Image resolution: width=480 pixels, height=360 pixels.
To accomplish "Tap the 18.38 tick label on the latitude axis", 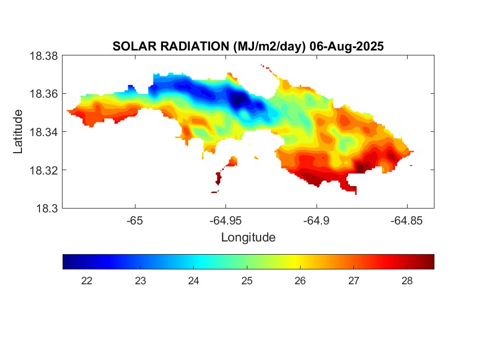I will click(x=42, y=56).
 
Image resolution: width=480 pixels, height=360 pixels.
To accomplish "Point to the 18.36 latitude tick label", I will click(x=42, y=94).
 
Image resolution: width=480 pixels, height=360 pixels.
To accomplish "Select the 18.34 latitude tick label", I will click(x=42, y=132).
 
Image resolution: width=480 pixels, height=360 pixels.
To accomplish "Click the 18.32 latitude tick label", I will click(x=42, y=170).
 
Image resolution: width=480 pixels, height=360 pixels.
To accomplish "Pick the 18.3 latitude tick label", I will click(x=46, y=209).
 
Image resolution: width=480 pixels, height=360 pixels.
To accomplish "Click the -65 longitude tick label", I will click(x=134, y=220).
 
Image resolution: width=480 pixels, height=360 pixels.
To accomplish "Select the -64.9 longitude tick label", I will click(x=316, y=220).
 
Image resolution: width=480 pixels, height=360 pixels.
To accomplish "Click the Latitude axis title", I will click(x=18, y=132).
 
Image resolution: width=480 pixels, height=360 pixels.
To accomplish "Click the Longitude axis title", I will click(x=248, y=238).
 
